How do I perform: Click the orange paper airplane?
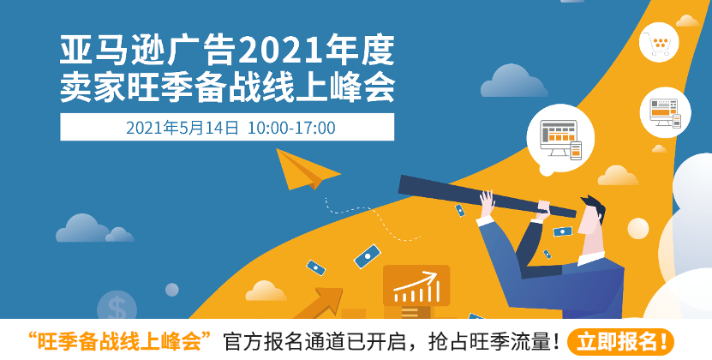click(x=304, y=169)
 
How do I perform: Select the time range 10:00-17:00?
click(x=291, y=128)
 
